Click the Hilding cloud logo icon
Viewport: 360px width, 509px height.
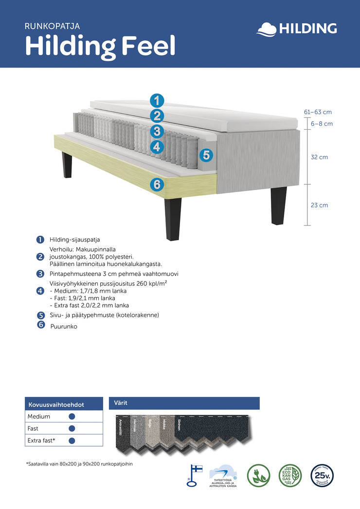[x=266, y=29]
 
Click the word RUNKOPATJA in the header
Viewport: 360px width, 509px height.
[x=52, y=26]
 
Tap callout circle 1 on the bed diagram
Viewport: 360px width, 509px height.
[x=157, y=101]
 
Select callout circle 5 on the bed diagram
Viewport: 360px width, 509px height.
[x=206, y=155]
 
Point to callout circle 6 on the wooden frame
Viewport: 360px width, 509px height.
[x=157, y=184]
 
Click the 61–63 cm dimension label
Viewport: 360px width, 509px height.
[x=318, y=112]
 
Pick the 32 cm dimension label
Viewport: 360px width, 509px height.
[x=320, y=157]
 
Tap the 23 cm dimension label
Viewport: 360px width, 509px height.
[x=319, y=205]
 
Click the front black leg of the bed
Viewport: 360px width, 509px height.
[x=173, y=219]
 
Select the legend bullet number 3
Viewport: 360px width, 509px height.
[x=40, y=274]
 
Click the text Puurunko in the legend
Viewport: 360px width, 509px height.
[x=64, y=327]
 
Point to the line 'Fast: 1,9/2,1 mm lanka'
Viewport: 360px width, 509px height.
[x=82, y=298]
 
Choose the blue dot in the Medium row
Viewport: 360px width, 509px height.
[x=72, y=417]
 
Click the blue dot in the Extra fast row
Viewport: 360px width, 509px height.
[x=72, y=440]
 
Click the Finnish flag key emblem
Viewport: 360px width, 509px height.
[x=195, y=474]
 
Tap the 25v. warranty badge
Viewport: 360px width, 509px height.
[x=322, y=475]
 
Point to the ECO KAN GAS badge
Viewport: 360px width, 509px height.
[x=289, y=475]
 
